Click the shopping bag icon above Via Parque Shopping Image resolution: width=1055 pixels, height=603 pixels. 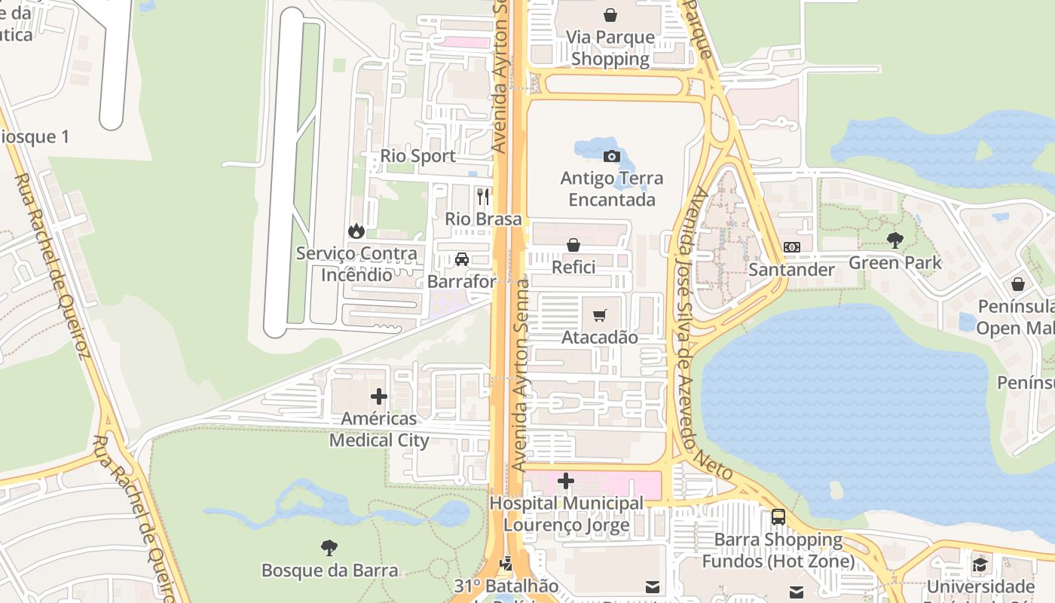(610, 15)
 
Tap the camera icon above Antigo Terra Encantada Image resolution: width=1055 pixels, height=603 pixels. (612, 156)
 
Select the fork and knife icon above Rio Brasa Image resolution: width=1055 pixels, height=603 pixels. (483, 197)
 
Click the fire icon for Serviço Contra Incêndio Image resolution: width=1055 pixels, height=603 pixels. (356, 231)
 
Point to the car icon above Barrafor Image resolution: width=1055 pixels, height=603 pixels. (462, 259)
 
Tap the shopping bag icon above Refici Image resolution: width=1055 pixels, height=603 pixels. (573, 245)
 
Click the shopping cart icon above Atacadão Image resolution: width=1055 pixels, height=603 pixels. (600, 315)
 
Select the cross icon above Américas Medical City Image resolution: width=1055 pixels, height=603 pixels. (379, 396)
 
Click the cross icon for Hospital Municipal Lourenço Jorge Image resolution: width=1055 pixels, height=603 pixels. (566, 481)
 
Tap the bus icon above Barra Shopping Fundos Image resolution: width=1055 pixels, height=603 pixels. (778, 517)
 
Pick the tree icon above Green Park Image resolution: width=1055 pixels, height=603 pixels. (895, 240)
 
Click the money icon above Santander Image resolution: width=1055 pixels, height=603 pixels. (792, 247)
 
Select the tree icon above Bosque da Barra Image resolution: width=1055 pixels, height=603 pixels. (329, 548)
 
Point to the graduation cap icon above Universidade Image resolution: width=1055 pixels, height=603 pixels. (980, 565)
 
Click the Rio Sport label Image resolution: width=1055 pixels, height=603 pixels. (417, 156)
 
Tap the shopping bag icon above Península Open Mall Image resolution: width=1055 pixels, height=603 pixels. (1018, 284)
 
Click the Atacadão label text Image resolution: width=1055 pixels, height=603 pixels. (600, 337)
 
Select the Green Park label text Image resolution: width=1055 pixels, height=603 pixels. (895, 262)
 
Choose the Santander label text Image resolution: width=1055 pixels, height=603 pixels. (791, 270)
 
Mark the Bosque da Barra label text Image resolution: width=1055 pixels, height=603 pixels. (329, 570)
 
